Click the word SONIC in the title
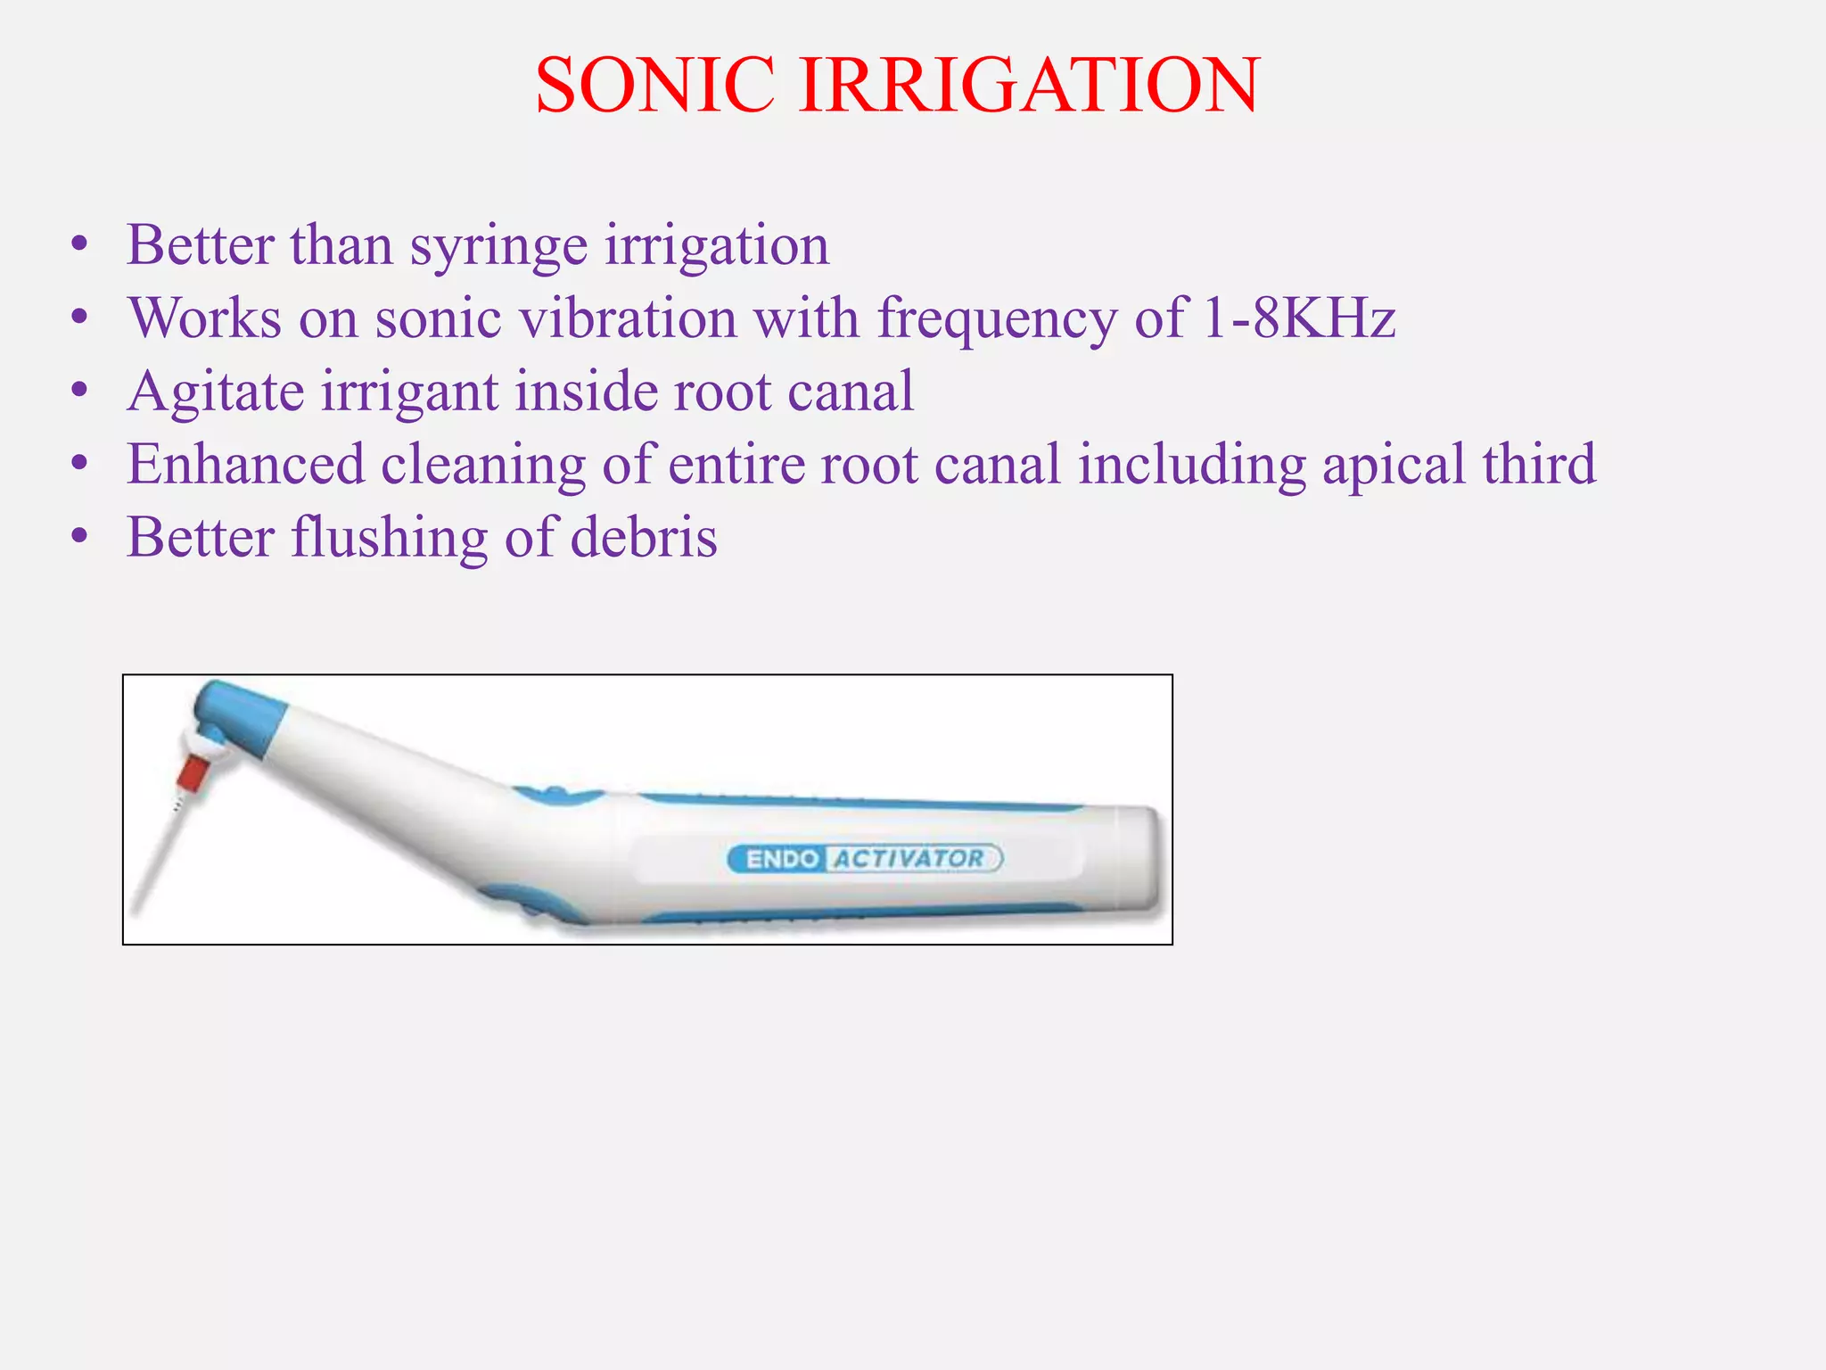pyautogui.click(x=655, y=85)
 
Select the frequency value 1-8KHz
pyautogui.click(x=1298, y=318)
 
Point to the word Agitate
pyautogui.click(x=214, y=392)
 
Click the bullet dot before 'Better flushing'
pyautogui.click(x=80, y=538)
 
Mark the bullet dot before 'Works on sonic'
pyautogui.click(x=80, y=318)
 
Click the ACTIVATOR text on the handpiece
pyautogui.click(x=909, y=858)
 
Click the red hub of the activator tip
pyautogui.click(x=192, y=773)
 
